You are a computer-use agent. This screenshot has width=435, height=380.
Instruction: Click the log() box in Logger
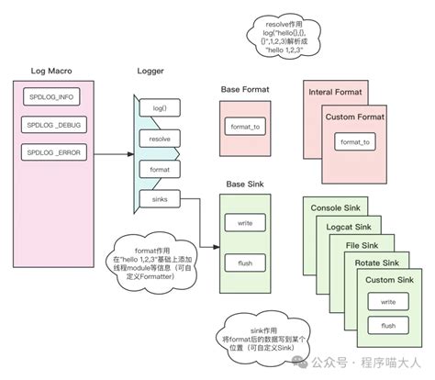coord(158,109)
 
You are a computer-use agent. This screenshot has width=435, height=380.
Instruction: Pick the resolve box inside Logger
coord(158,140)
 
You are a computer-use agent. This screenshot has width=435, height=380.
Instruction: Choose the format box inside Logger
coord(158,170)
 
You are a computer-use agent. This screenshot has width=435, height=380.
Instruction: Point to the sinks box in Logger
coord(158,198)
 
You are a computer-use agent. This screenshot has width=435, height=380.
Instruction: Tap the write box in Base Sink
coord(245,224)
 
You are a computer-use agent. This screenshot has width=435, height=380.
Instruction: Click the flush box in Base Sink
coord(245,263)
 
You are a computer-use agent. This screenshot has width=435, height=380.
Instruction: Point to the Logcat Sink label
coord(350,227)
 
